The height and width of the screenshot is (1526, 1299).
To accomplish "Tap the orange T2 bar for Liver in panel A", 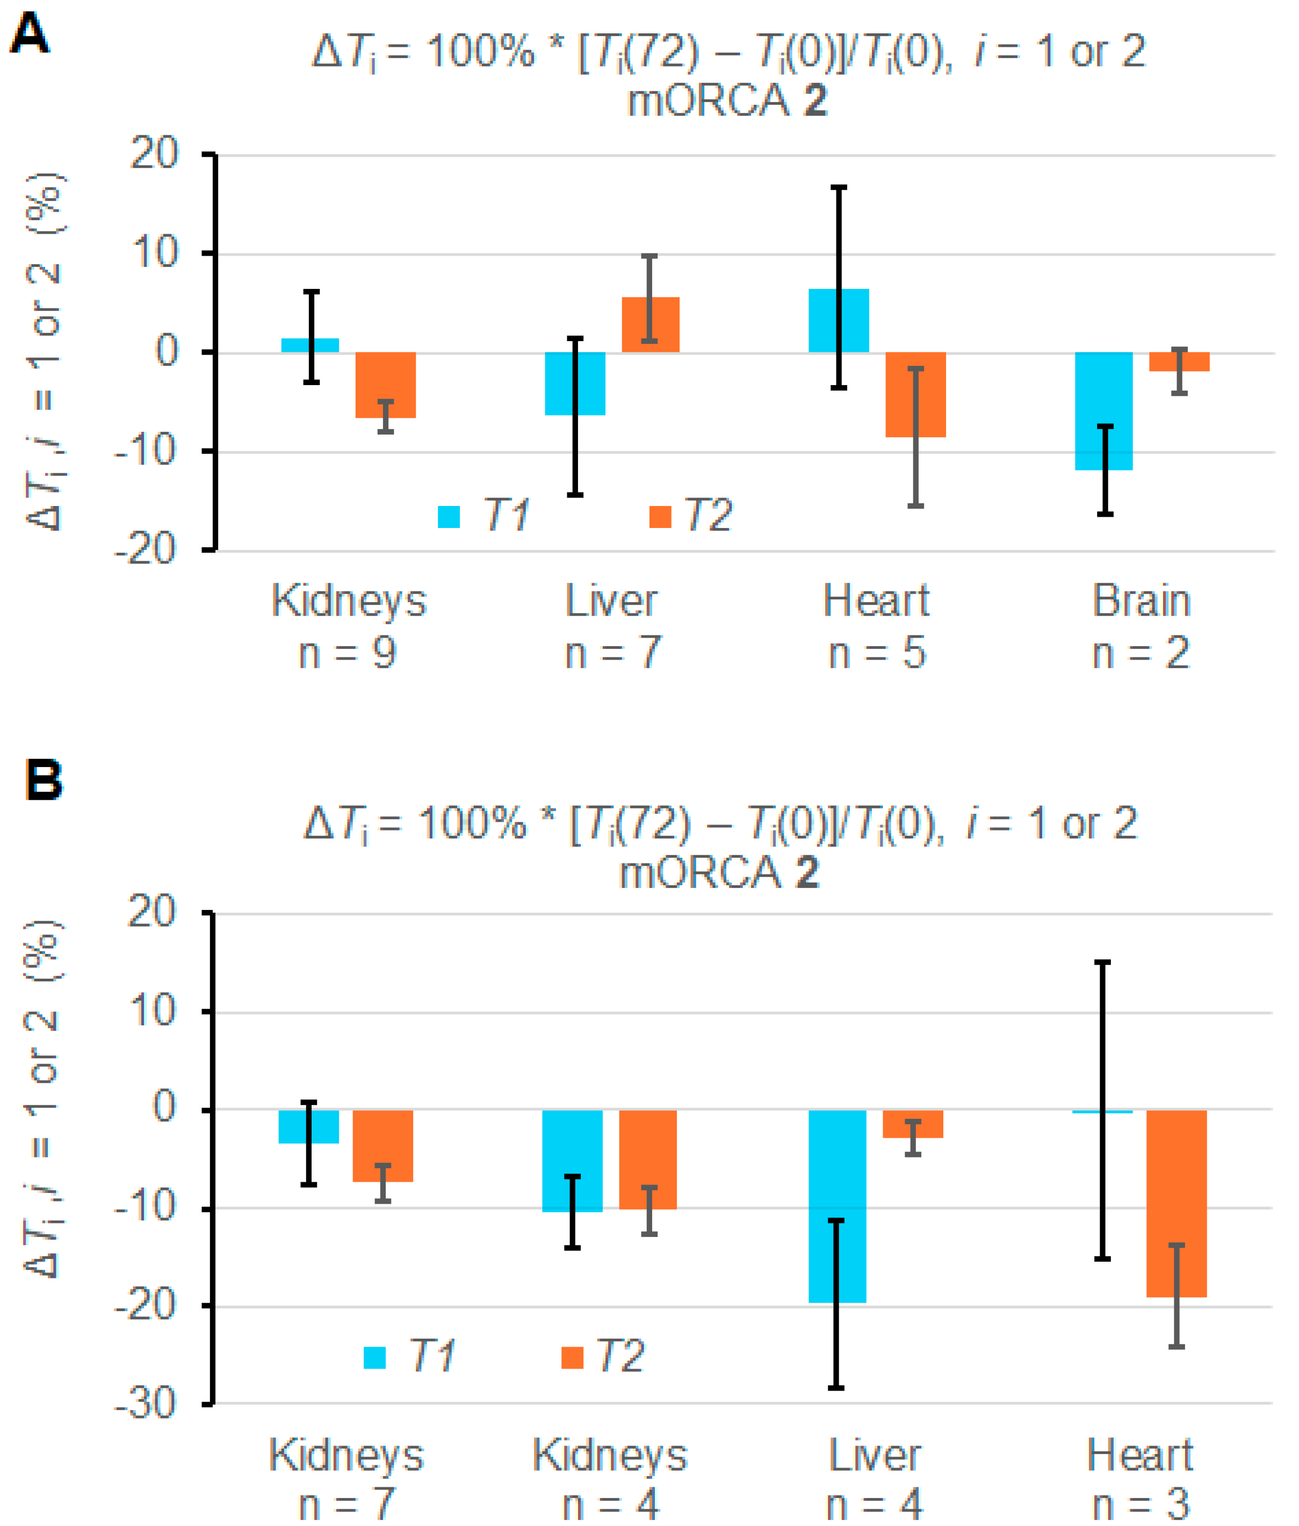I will click(650, 324).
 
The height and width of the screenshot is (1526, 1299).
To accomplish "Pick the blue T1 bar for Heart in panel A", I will click(838, 320).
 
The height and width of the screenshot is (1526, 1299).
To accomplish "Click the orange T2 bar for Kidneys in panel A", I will click(385, 384).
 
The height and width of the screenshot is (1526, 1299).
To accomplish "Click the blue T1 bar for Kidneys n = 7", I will click(308, 1126).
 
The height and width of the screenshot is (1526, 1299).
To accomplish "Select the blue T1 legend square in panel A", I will click(449, 517).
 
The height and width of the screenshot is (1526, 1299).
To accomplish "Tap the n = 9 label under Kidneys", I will click(348, 653).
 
